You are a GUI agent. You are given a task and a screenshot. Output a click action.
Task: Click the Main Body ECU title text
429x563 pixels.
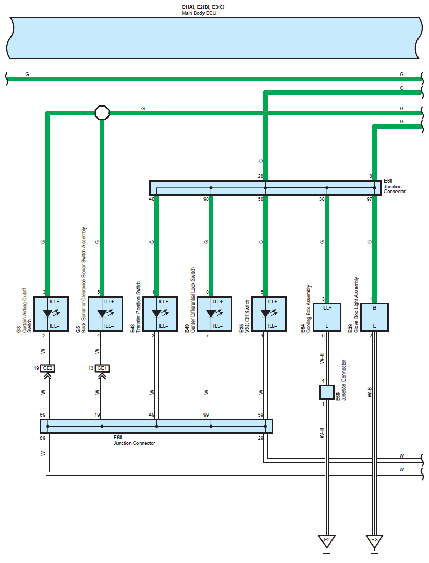pos(199,13)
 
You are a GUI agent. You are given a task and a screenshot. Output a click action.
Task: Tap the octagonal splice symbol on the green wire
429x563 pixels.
pos(102,113)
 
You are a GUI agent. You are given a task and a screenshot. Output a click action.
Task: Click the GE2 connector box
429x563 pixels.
pos(48,368)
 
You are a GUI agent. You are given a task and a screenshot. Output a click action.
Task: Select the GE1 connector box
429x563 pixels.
pos(102,368)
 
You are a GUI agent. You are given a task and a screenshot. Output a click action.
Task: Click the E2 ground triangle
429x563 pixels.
pos(327,540)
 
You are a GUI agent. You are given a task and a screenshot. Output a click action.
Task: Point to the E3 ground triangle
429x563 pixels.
pos(374,540)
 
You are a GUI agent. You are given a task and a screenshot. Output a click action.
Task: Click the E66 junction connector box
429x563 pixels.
pos(327,392)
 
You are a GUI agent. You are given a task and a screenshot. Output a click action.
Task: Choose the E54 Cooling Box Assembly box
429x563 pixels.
pos(327,317)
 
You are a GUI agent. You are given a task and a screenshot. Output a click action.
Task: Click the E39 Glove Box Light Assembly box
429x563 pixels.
pos(374,317)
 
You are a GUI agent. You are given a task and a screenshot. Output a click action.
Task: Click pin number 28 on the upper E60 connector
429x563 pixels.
pos(260,176)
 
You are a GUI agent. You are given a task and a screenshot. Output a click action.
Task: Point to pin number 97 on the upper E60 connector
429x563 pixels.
pos(369,199)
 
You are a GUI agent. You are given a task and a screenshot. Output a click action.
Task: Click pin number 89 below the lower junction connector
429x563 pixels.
pos(42,438)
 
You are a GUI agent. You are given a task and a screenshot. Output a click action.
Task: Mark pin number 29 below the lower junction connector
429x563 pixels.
pos(260,438)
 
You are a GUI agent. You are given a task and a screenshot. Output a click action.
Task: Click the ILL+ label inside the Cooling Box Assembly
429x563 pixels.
pos(327,307)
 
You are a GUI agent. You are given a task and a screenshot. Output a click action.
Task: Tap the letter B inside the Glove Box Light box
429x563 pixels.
pos(374,307)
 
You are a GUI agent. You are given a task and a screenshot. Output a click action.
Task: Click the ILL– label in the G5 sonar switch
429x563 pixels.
pos(109,326)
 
